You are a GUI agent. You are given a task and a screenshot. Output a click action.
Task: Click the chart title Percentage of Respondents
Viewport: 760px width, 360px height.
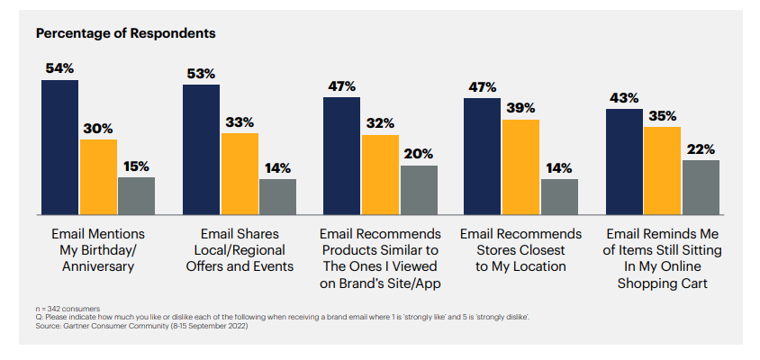click(x=125, y=33)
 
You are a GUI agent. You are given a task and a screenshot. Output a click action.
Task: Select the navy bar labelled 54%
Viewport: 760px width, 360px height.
click(x=59, y=148)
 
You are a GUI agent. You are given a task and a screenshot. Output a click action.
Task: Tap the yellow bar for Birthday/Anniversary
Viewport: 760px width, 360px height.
click(x=98, y=177)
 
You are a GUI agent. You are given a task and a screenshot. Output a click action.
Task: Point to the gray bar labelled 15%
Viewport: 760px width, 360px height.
click(x=136, y=196)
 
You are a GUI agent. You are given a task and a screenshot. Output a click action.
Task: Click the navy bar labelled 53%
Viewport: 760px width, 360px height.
click(x=201, y=149)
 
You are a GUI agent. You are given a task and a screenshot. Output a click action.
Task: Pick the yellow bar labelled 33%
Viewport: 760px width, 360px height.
click(x=240, y=174)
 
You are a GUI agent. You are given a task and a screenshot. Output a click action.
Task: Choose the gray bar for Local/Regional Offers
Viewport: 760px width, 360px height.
click(x=277, y=197)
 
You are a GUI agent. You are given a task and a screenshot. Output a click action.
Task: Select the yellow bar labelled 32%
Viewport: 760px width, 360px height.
click(x=380, y=175)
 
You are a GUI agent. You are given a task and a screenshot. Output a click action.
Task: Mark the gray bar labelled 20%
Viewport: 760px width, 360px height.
click(x=419, y=190)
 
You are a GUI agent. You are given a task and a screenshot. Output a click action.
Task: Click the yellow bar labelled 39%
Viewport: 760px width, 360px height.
click(x=520, y=167)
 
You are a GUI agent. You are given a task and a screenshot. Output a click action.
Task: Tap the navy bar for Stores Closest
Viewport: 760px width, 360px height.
click(x=482, y=157)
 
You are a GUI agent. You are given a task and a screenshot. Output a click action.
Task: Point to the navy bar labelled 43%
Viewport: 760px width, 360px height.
click(x=623, y=162)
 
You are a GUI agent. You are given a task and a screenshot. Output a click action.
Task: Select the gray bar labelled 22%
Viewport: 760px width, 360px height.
click(x=701, y=187)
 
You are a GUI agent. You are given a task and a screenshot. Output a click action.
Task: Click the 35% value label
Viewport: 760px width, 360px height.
click(x=662, y=116)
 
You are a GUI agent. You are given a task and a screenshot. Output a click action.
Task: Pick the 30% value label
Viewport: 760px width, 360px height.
click(x=98, y=129)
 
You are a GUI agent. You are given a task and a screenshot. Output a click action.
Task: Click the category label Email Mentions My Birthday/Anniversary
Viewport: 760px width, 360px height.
click(x=98, y=250)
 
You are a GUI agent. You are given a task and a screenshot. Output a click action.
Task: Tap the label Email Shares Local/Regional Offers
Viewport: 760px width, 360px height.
click(x=240, y=250)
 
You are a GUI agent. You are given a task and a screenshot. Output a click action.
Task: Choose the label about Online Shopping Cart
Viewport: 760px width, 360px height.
click(x=662, y=258)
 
